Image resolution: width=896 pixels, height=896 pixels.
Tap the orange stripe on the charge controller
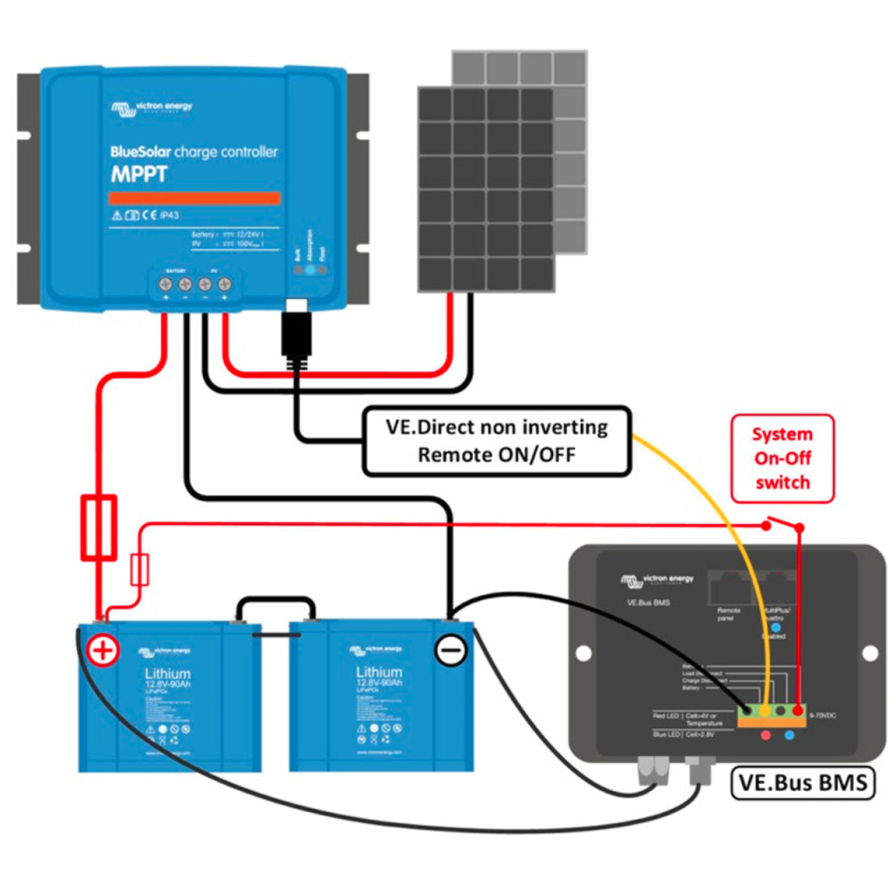[x=194, y=199]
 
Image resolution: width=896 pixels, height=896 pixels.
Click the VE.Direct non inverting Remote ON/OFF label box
[x=496, y=441]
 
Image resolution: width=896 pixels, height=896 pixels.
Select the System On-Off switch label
[x=782, y=458]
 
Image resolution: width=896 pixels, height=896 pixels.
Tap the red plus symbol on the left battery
[x=103, y=650]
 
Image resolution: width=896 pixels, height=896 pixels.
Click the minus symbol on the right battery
[x=451, y=650]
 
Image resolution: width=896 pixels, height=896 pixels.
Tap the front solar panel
[x=486, y=188]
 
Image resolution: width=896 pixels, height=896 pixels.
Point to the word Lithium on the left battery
[x=168, y=674]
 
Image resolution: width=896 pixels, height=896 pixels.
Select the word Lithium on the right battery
[x=379, y=674]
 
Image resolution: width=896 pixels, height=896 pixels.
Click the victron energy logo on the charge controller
[x=151, y=108]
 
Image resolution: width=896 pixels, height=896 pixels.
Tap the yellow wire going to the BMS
[x=717, y=507]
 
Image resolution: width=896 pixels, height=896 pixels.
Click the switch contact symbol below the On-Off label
[x=784, y=525]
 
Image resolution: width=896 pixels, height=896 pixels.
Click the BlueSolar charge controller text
[x=193, y=152]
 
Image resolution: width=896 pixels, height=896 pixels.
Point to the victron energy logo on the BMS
[x=656, y=579]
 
